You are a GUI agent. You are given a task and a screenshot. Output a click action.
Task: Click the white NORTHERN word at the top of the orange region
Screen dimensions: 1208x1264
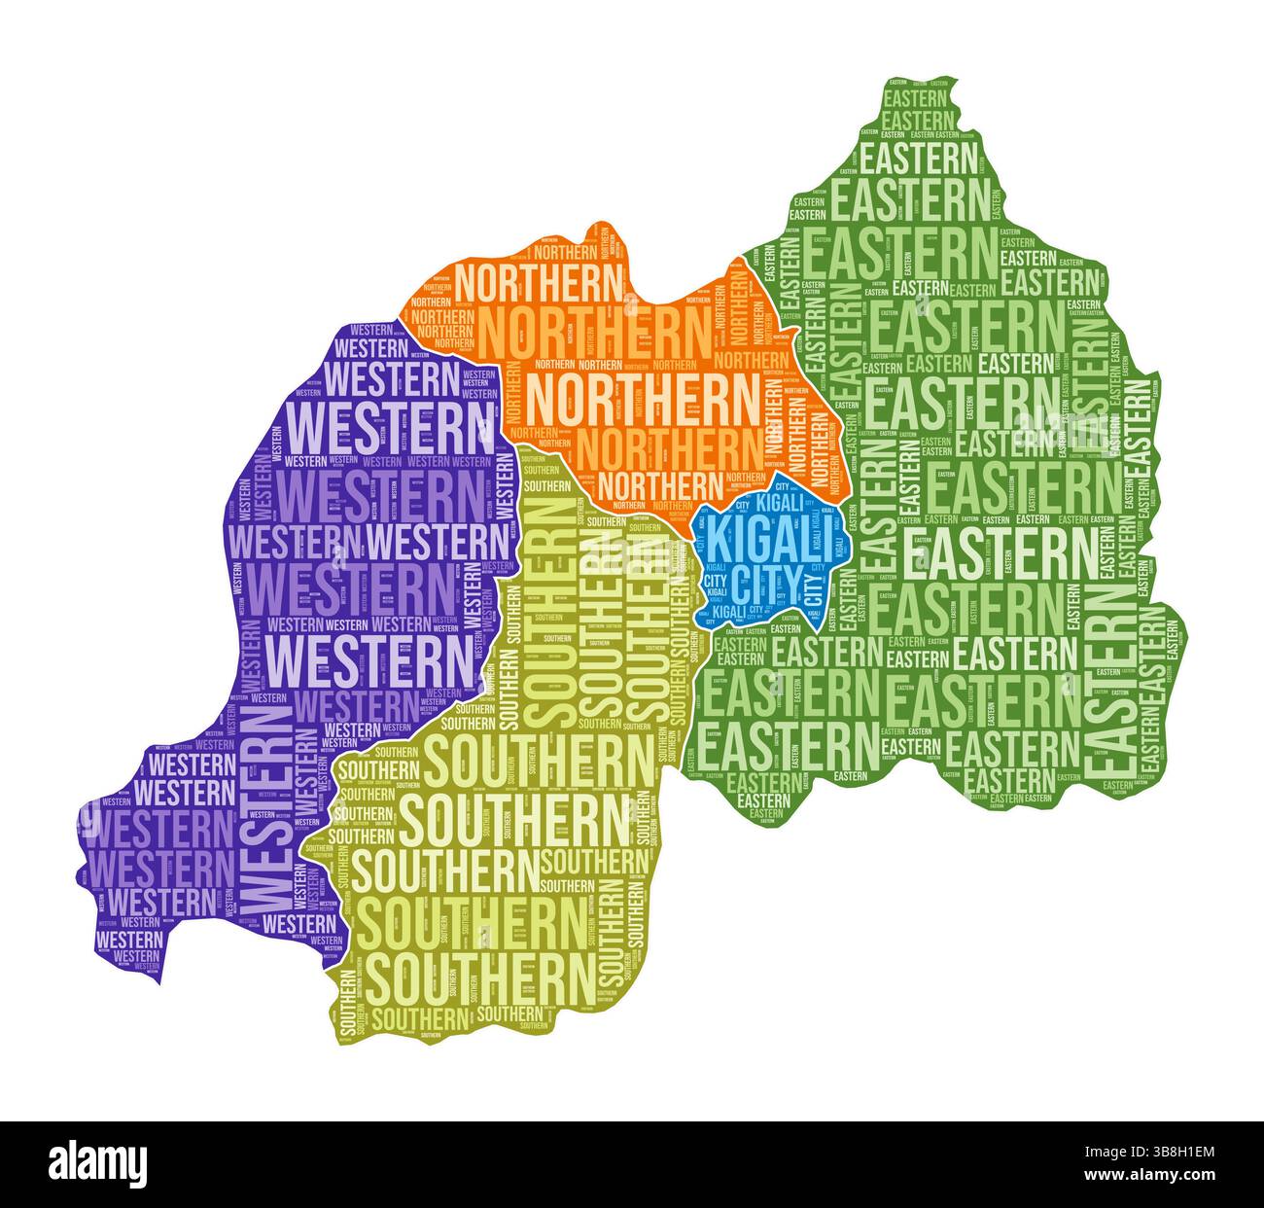tap(539, 283)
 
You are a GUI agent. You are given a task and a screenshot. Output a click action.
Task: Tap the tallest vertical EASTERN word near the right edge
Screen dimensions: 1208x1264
tap(1114, 681)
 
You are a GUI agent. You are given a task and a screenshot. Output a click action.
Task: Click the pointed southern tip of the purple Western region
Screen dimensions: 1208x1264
tap(156, 978)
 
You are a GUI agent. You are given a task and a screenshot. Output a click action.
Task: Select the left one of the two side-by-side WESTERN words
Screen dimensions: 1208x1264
tap(297, 538)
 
